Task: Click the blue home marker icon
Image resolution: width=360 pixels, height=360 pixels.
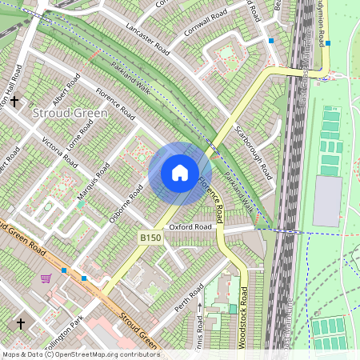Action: pos(180,173)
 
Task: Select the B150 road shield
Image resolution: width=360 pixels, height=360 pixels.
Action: pos(150,238)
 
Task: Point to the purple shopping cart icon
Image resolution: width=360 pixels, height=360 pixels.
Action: pos(46,278)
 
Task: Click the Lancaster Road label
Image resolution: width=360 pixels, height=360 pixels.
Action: pos(150,38)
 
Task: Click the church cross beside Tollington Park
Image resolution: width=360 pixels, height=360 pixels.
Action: pos(21,324)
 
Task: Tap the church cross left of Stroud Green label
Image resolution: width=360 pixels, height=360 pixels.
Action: pos(14,102)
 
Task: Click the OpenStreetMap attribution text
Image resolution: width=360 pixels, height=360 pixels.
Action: pos(80,354)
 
